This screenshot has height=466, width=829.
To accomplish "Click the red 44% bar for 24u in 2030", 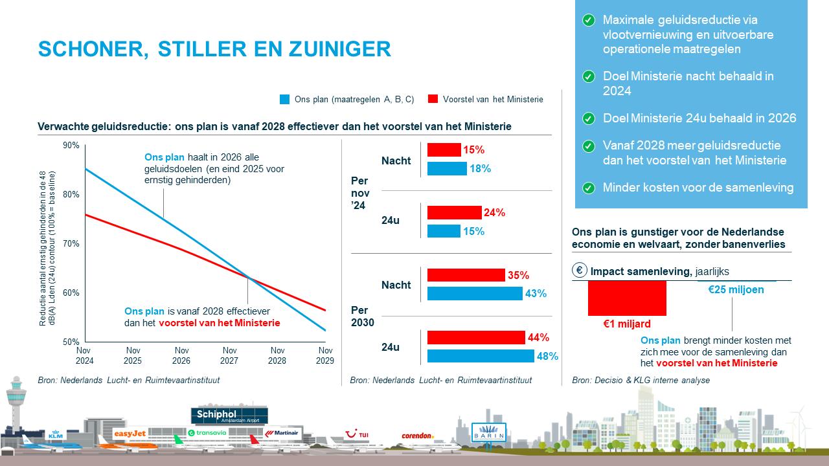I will [476, 337].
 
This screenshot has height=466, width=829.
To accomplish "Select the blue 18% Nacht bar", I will [447, 169].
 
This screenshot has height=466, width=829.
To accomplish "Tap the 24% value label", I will [495, 213].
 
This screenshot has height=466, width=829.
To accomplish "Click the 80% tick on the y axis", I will [71, 195].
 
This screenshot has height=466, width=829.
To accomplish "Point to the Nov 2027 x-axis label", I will [229, 355].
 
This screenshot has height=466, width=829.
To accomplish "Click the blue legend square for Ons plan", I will [284, 99].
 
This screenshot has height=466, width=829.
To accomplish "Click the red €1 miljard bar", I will [627, 298].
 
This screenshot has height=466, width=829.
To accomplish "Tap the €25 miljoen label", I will [736, 289].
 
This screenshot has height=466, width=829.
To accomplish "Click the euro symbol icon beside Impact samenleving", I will [580, 271].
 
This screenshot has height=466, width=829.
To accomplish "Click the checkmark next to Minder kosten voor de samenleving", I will [588, 188].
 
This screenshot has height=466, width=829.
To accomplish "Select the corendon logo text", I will [417, 436].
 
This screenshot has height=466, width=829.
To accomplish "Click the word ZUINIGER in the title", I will [342, 49].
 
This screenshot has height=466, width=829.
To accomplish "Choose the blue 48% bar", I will [481, 356].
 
